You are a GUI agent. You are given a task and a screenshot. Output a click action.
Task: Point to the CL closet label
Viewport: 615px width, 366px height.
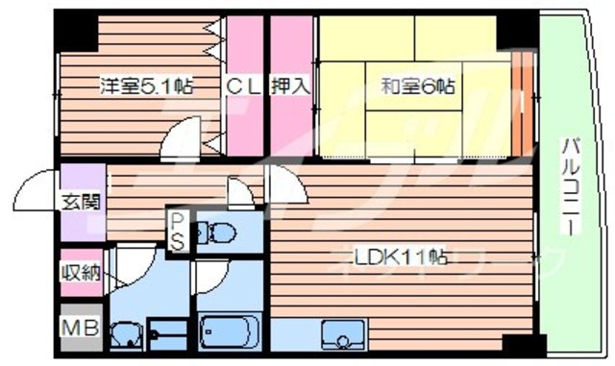(x=243, y=86)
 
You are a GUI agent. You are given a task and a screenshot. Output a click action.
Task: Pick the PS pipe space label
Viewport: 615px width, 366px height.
(x=179, y=231)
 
